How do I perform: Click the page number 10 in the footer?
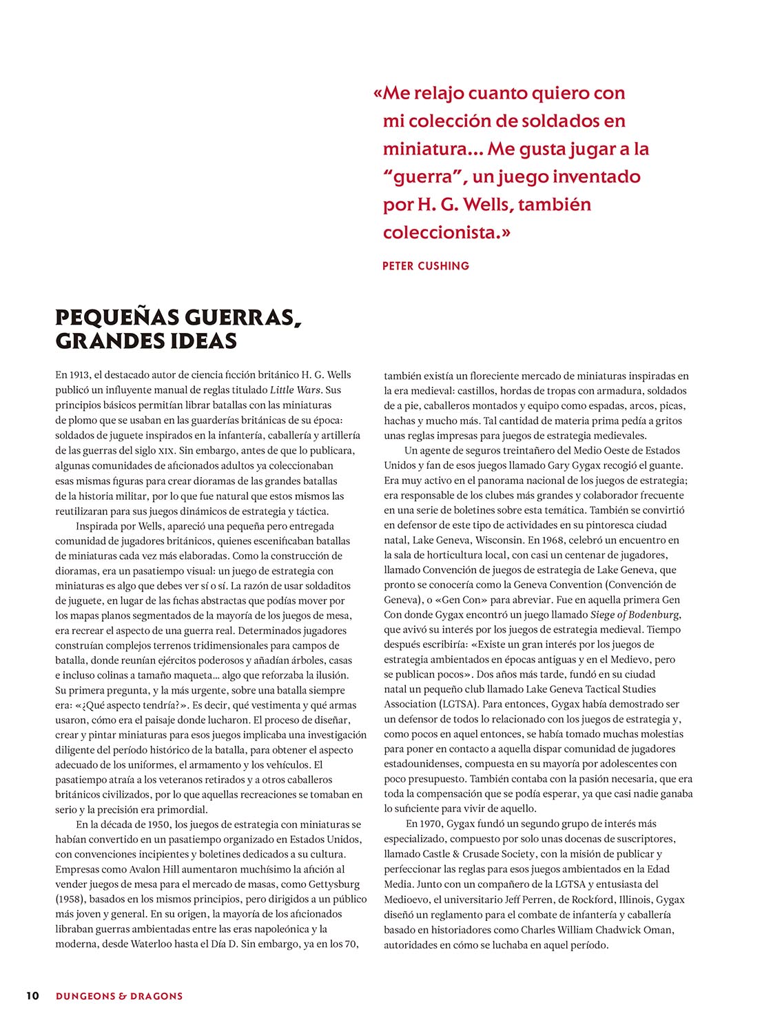(x=32, y=995)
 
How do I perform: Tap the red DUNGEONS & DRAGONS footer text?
(x=119, y=995)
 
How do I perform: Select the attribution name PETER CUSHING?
(x=426, y=265)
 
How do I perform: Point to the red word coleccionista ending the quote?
(x=442, y=232)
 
